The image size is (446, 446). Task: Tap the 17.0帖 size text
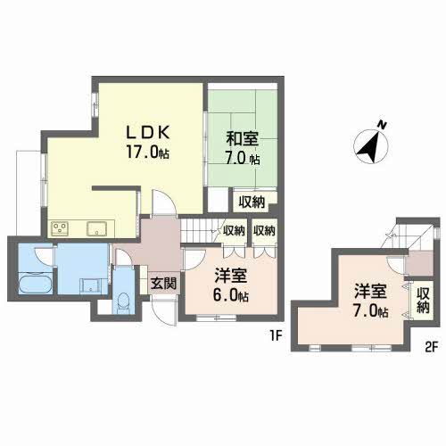(x=147, y=153)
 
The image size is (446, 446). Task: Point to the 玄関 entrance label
(x=162, y=284)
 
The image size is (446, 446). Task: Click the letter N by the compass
(x=381, y=124)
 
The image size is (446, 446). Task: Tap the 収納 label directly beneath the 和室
(x=252, y=202)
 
